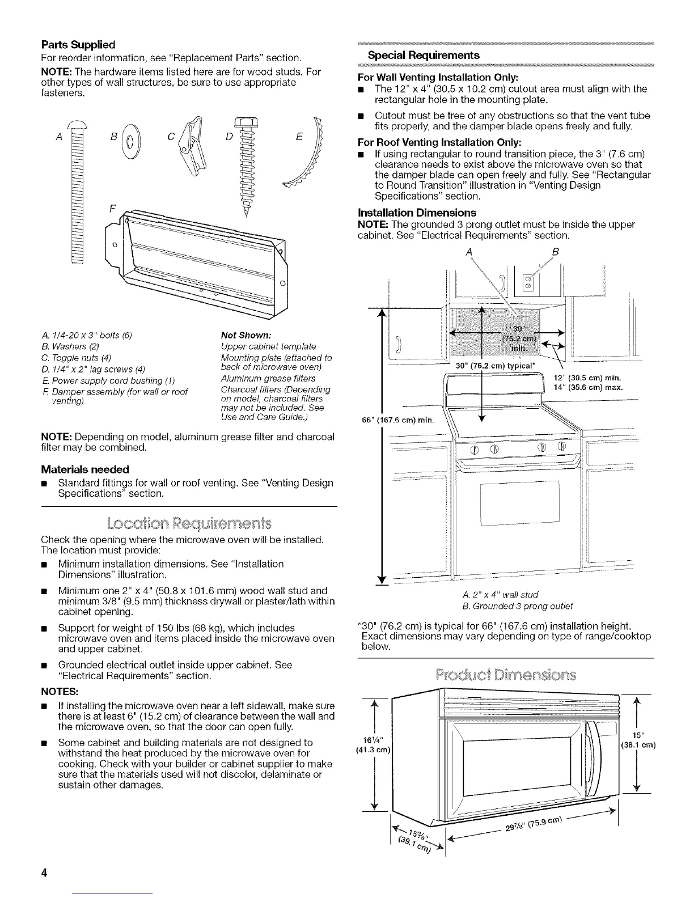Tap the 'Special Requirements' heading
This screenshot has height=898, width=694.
pyautogui.click(x=424, y=55)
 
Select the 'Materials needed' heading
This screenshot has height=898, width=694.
pyautogui.click(x=85, y=469)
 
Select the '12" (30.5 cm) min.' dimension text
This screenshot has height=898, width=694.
pyautogui.click(x=587, y=378)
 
